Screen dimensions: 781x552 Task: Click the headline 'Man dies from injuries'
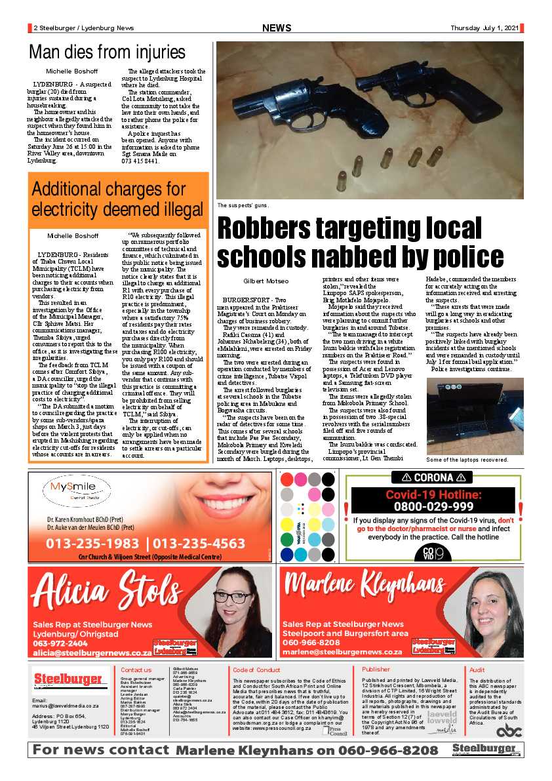click(x=107, y=52)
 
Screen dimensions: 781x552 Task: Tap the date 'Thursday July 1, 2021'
click(x=484, y=28)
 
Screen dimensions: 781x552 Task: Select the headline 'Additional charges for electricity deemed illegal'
click(x=118, y=199)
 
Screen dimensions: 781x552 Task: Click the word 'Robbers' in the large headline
click(x=276, y=229)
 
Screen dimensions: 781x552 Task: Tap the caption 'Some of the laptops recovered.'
click(x=467, y=460)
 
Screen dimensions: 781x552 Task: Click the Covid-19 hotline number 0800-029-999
click(x=433, y=507)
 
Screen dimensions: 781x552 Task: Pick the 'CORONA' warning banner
click(x=431, y=477)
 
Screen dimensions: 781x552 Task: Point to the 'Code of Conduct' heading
click(x=256, y=670)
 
